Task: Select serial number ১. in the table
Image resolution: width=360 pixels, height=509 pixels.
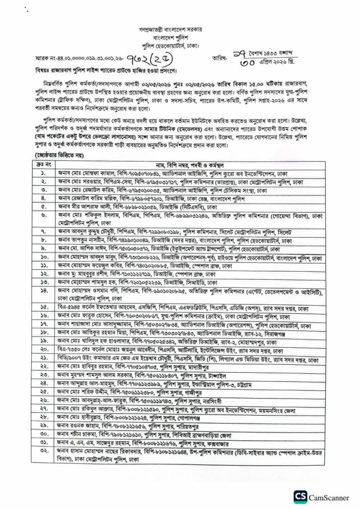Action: pos(44,174)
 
